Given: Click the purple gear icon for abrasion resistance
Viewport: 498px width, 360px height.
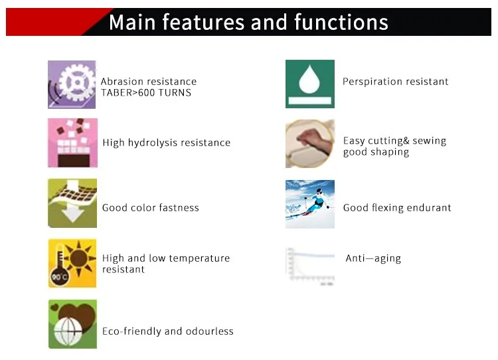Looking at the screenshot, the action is coord(72,84).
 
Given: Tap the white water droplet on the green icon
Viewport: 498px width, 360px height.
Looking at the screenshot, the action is coord(309,80).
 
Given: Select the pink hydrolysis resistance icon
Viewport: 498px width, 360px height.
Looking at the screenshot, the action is coord(73,143).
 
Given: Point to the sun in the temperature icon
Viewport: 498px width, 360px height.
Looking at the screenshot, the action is coord(78,258).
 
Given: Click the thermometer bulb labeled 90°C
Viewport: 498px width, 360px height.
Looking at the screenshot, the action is coord(60,277).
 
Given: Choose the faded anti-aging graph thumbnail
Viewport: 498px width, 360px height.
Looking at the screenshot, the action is coord(310,266).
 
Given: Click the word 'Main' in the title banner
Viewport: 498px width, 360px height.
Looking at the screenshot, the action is coord(132,22).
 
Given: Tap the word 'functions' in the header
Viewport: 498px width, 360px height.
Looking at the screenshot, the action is coord(341,22).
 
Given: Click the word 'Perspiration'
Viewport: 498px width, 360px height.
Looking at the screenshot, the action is coord(373,82).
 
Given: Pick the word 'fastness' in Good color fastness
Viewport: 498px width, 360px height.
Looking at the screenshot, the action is coord(179,207).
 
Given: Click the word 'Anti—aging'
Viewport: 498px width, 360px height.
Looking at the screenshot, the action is coord(373,258).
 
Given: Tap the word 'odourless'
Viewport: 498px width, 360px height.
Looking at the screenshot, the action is coord(210,331).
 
